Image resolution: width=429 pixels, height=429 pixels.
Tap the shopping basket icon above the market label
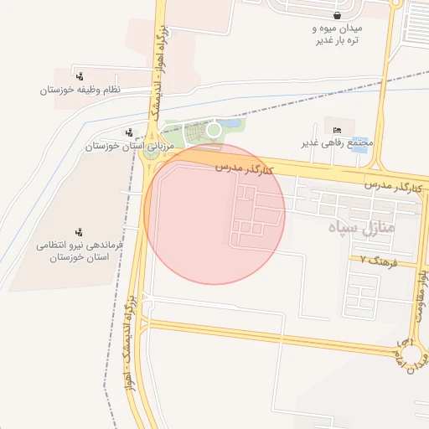[x=337, y=15]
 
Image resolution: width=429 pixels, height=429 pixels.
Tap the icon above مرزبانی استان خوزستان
[x=128, y=132]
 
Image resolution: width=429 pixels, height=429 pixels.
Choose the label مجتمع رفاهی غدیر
[x=336, y=142]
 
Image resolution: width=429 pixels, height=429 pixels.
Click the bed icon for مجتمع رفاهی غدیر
[x=337, y=129]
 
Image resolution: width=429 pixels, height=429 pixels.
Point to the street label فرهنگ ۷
[x=377, y=261]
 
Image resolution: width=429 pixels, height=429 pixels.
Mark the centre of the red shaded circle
[x=214, y=214]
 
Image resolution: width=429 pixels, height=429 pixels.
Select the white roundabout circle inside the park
[x=214, y=130]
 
